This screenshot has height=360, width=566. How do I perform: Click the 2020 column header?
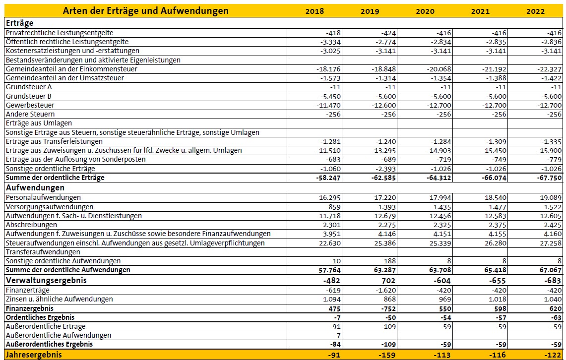point(425,11)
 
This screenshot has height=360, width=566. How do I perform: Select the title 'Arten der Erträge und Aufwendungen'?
point(145,11)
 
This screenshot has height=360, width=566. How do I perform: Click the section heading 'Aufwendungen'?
point(35,188)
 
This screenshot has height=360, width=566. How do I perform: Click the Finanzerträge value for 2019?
point(385,290)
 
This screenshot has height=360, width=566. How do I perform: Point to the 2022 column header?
point(535,11)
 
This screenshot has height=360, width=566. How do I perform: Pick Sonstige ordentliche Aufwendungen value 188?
point(390,261)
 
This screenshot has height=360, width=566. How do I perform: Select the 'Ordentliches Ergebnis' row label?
point(40,317)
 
